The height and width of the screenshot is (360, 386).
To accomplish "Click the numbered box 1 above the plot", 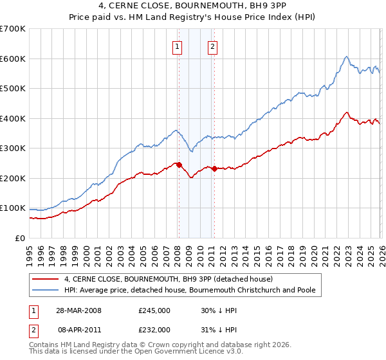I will pos(177,46).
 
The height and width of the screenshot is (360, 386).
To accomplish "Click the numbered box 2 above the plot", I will pos(212,46).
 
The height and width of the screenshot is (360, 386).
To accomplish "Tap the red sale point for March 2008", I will pos(179,165).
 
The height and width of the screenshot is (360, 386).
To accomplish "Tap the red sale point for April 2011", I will pos(214,168).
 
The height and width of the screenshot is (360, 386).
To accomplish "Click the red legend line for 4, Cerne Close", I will pos(46,279).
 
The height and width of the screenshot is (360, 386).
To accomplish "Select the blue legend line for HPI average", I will pos(46,291).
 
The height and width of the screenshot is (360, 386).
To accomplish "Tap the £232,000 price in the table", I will pos(154,329).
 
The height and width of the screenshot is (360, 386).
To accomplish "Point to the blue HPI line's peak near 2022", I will pos(346,57).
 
